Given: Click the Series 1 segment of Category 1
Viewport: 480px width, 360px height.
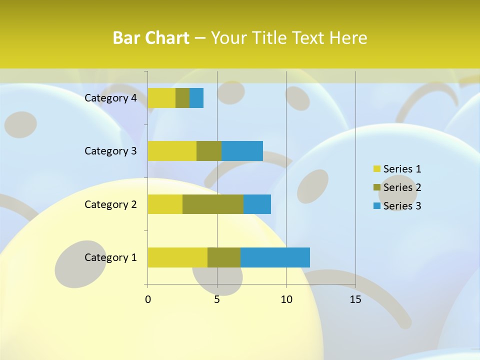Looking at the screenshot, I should (x=177, y=257).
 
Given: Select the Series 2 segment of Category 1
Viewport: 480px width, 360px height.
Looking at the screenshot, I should (x=224, y=257).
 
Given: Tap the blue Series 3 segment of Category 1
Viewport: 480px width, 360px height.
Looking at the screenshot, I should (x=275, y=257).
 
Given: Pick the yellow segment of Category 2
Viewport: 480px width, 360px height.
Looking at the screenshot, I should (x=165, y=204).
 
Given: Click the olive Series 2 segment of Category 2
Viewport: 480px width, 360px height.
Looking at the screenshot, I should (x=213, y=204).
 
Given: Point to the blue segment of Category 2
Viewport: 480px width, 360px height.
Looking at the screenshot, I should (x=257, y=204).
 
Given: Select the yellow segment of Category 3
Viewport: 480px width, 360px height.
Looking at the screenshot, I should (x=172, y=151).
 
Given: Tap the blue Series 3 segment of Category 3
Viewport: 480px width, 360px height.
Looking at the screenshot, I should (x=242, y=151).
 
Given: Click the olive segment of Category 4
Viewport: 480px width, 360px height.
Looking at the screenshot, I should (x=182, y=98).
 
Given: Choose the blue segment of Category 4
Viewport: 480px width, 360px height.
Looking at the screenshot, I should (x=196, y=98).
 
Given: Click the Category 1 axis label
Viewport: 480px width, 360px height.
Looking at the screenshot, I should (x=110, y=257).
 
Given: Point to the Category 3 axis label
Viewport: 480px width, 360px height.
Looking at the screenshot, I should (x=110, y=151).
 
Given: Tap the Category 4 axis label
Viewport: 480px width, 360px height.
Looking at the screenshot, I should (x=110, y=98).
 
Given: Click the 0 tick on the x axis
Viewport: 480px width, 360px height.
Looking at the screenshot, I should (x=148, y=299).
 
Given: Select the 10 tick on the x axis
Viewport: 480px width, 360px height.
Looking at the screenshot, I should (x=286, y=299).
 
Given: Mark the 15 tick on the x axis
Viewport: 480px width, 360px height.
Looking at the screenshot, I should (x=355, y=299).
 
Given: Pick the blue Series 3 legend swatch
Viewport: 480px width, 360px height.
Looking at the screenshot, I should (x=377, y=206).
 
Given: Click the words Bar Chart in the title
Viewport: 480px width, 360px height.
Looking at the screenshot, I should (x=151, y=38).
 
